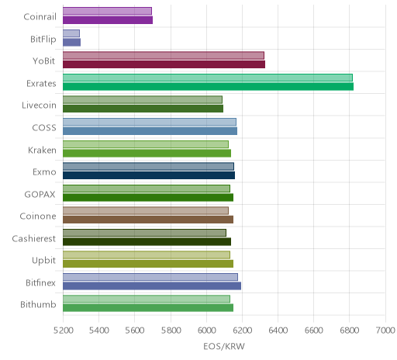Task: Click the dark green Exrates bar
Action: pyautogui.click(x=208, y=86)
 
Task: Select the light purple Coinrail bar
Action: pyautogui.click(x=107, y=11)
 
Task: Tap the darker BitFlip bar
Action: pyautogui.click(x=71, y=42)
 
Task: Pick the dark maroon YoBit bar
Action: pyautogui.click(x=164, y=64)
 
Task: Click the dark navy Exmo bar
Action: pyautogui.click(x=149, y=175)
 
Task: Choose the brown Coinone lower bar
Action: pyautogui.click(x=148, y=220)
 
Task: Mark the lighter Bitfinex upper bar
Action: pyautogui.click(x=150, y=277)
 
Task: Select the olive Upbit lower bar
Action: pyautogui.click(x=148, y=264)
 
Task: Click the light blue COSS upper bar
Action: pyautogui.click(x=150, y=122)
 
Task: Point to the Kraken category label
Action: pyautogui.click(x=42, y=150)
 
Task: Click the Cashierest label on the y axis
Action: pyautogui.click(x=34, y=238)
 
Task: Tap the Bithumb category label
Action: pyautogui.click(x=38, y=304)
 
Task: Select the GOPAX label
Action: pyautogui.click(x=40, y=194)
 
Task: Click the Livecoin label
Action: pyautogui.click(x=39, y=106)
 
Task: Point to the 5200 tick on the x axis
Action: pyautogui.click(x=63, y=331)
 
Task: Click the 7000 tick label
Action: pyautogui.click(x=385, y=331)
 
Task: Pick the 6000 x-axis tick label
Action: pyautogui.click(x=206, y=331)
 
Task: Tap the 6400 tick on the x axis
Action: pyautogui.click(x=278, y=331)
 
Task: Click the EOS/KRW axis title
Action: pyautogui.click(x=224, y=346)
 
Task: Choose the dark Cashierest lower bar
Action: pyautogui.click(x=147, y=241)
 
